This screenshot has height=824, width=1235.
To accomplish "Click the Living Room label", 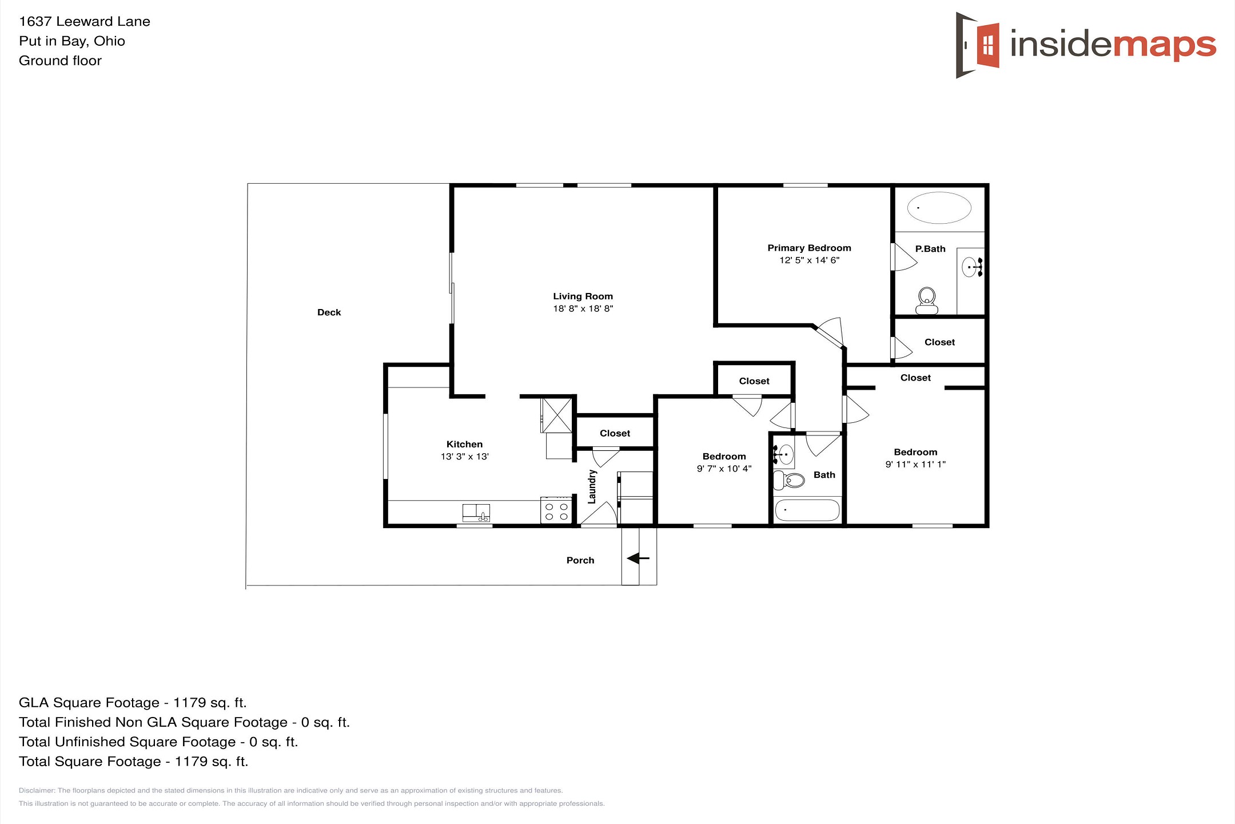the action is coord(583,296).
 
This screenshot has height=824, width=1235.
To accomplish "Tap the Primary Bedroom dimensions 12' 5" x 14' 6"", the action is coord(809,260).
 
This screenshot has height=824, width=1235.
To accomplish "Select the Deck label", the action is coord(329,312).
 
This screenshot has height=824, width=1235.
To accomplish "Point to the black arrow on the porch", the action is coord(638,558).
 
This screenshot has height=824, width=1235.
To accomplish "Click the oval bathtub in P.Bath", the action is coord(939,208).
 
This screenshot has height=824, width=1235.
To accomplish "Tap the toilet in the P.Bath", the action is coord(927,301).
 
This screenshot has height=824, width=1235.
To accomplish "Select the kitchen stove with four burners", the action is coord(556,510).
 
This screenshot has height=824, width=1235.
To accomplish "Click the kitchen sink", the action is coord(476,513).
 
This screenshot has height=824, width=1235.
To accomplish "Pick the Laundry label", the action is coord(592,487).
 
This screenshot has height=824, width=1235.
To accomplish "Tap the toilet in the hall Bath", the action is coord(788,480).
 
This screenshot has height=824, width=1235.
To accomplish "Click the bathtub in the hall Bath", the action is coord(807,510).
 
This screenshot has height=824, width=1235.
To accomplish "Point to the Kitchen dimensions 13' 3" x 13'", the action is coord(464,457).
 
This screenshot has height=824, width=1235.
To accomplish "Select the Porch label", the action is coord(580,561).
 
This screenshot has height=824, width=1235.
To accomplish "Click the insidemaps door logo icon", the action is coord(978,45).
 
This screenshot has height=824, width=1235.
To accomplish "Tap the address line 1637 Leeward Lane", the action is coord(85,22).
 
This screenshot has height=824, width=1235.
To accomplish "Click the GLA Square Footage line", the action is coord(133,703).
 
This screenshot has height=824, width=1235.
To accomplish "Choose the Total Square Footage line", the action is coord(134,762).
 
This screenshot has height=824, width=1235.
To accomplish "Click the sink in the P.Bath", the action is coord(971,267).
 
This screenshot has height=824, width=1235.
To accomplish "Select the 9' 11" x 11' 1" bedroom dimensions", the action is coord(915,465).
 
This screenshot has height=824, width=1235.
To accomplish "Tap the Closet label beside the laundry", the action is coord(615,434).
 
